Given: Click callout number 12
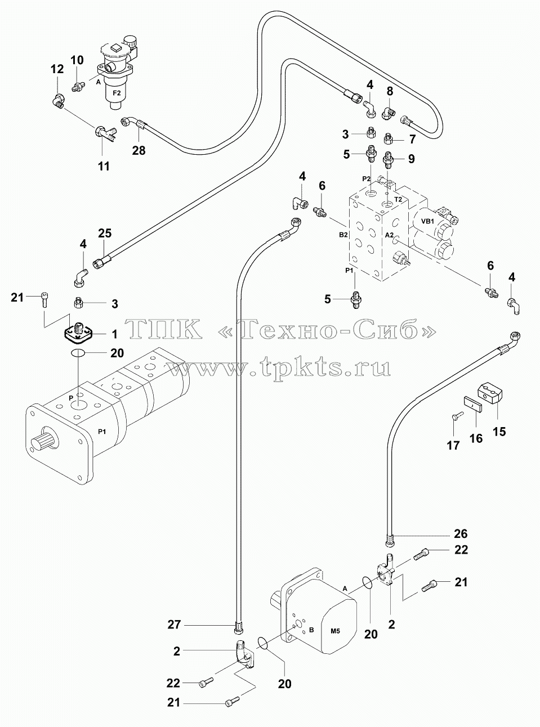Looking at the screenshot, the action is point(57,69).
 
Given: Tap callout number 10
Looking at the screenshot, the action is point(77,60).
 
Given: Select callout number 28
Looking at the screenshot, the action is point(139,150).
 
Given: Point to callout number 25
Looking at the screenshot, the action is point(105,234).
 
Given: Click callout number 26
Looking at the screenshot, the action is point(461,534).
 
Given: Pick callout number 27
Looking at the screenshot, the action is point(174,625).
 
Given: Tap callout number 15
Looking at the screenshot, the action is point(499,432).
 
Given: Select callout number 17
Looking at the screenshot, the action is point(453,445).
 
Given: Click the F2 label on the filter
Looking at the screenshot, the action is point(117,93).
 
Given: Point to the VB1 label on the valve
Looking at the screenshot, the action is point(427,221).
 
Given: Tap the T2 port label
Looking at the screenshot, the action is point(398,199).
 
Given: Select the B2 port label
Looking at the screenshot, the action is point(343,235).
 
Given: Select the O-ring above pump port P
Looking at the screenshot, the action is point(78,353).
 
